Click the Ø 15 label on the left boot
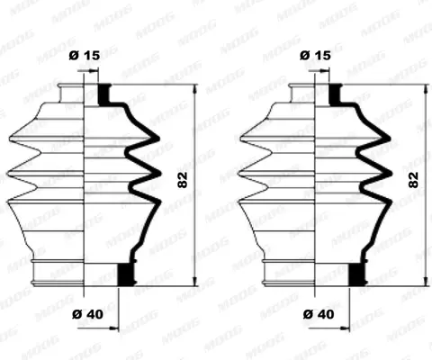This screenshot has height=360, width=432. (85, 55)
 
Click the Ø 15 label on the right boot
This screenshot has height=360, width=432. (315, 55)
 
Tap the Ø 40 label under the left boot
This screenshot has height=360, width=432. (87, 314)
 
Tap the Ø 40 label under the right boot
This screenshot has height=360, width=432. (319, 314)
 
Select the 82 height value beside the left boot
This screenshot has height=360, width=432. (183, 180)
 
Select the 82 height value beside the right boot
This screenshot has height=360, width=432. (413, 180)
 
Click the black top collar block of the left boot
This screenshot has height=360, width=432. (103, 94)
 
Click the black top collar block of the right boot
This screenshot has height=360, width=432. (335, 94)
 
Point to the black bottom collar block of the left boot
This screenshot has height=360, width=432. (126, 274)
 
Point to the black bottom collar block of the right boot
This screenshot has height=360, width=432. (357, 274)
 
